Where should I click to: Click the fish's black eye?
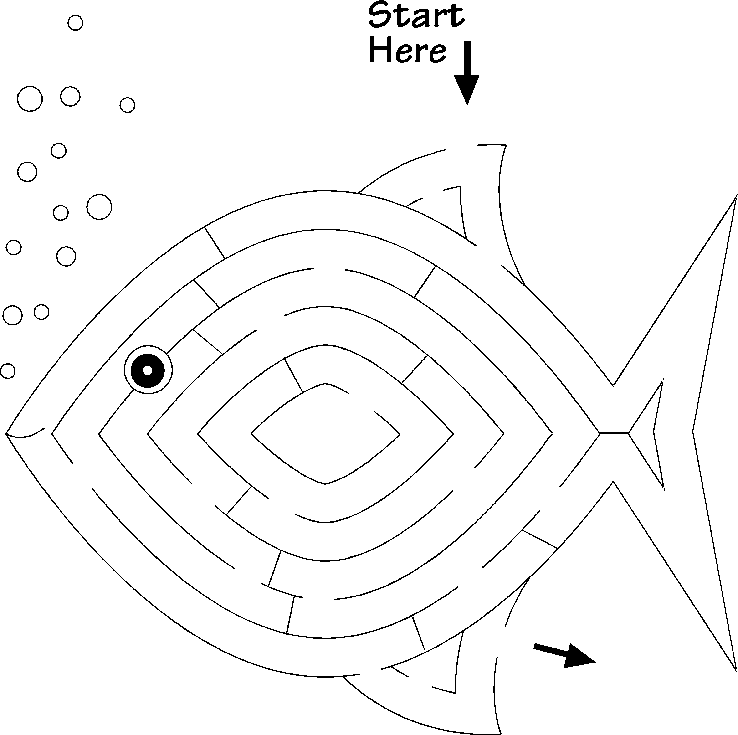148,370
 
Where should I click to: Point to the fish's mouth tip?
7,433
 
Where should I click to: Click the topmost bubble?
75,23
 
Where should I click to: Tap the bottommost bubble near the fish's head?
8,370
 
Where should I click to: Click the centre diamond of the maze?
325,434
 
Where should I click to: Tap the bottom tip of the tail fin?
736,670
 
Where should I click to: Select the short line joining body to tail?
614,433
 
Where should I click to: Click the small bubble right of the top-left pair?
127,105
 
